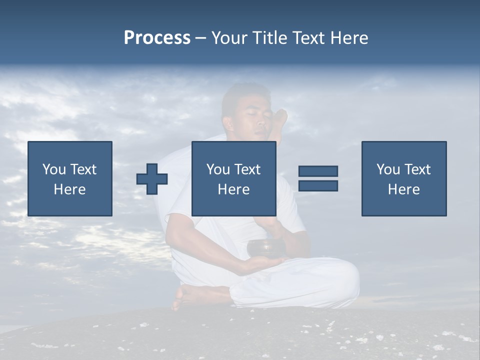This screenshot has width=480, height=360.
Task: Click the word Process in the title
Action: [157, 38]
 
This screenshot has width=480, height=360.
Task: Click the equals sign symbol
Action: [318, 178]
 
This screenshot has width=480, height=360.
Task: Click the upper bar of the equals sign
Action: [318, 171]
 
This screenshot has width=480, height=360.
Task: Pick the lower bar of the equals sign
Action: [318, 186]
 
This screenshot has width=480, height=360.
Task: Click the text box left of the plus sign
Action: [70, 178]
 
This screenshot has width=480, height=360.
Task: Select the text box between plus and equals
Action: [233, 178]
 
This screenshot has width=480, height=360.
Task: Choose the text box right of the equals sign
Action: [403, 178]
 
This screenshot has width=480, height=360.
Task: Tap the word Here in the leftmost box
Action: [70, 189]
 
